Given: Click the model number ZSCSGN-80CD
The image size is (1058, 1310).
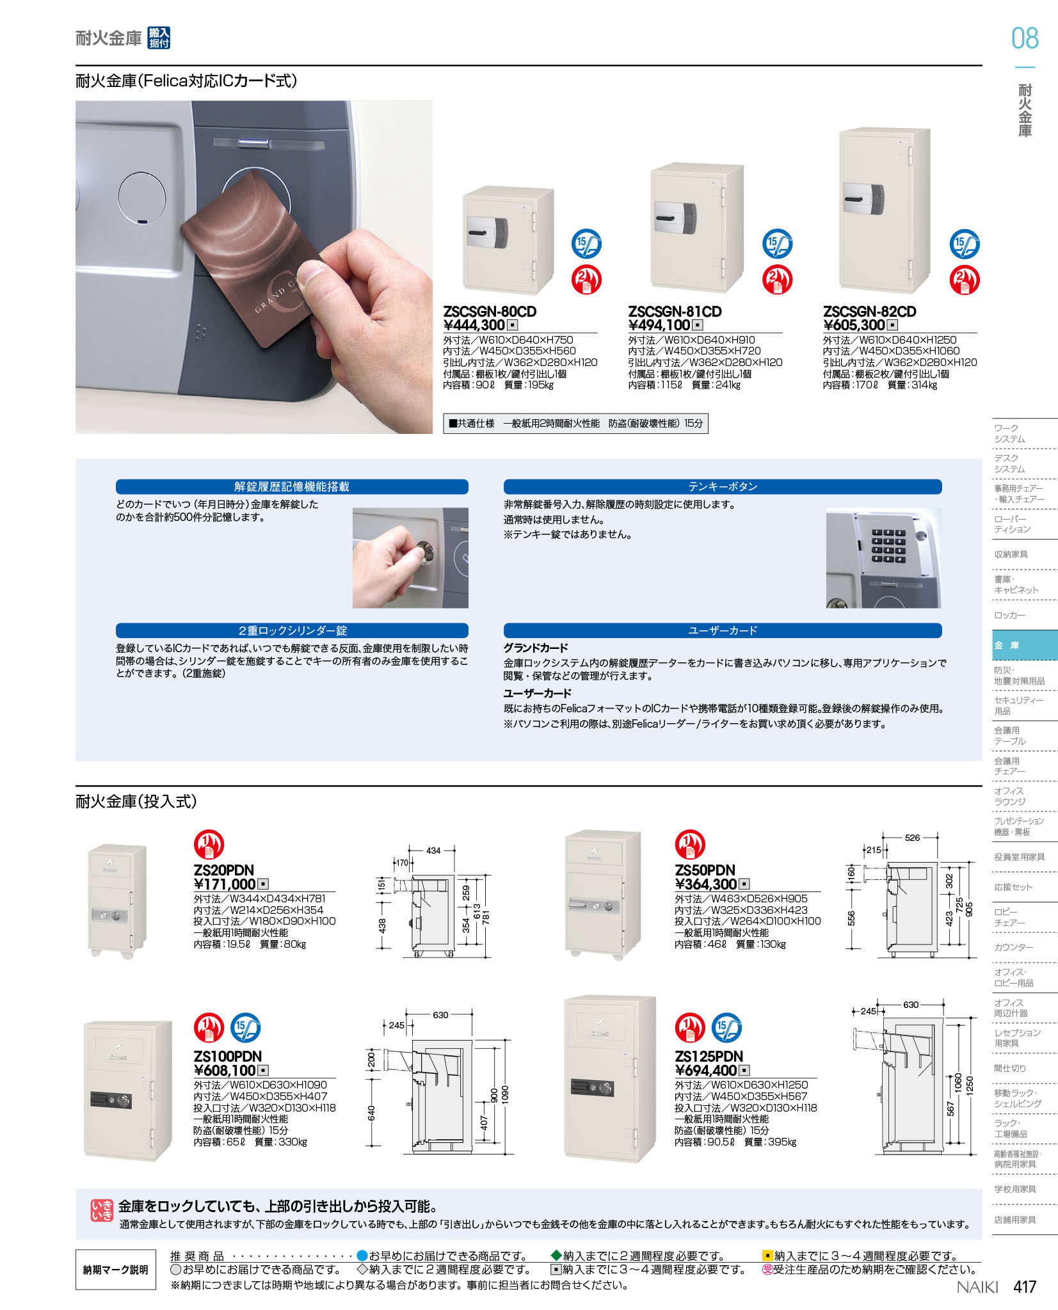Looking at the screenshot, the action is click(x=490, y=312).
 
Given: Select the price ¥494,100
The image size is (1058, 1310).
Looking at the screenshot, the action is click(x=659, y=325).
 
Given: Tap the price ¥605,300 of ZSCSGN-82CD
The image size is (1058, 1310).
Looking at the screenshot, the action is click(x=854, y=325).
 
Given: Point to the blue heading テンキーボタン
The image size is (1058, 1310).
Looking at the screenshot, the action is click(x=722, y=487).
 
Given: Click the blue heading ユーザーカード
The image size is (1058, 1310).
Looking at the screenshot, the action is click(x=722, y=630).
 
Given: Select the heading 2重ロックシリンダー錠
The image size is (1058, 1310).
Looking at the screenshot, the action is click(x=292, y=630).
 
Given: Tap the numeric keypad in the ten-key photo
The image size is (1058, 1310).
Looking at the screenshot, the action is click(x=889, y=545).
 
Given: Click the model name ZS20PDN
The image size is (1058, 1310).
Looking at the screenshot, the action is click(x=224, y=870).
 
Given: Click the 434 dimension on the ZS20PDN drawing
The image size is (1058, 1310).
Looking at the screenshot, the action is click(x=433, y=851).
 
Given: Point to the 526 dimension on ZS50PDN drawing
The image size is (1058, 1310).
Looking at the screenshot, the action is click(x=912, y=838).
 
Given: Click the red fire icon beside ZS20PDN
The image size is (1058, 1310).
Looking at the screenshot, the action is click(x=209, y=844).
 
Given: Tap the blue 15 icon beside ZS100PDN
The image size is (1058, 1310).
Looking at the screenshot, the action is click(x=245, y=1028).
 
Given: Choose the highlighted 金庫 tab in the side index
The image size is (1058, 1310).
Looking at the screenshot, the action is click(x=1025, y=645).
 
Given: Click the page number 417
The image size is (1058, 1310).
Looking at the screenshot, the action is click(x=1025, y=1287).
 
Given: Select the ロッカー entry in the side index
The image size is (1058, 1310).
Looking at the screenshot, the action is click(x=1009, y=615).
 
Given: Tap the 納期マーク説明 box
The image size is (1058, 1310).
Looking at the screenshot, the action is click(x=116, y=1270).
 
